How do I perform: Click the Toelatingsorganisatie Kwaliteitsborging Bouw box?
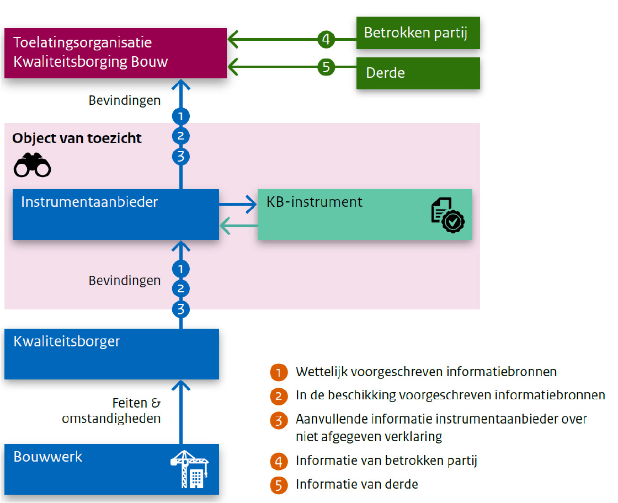point(115,53)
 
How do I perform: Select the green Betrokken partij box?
point(418,33)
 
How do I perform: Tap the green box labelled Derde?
point(418,73)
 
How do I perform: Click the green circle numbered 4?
point(326,39)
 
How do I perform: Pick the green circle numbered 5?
point(326,67)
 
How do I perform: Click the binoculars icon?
point(32,165)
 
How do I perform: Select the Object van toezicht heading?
point(77,138)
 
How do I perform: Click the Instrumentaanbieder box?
point(115,214)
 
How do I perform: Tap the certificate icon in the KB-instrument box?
point(447,215)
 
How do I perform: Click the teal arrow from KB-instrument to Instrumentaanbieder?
point(238,225)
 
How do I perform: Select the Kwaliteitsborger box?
point(111,354)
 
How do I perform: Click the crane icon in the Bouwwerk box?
point(189,469)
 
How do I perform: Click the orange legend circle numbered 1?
point(279,372)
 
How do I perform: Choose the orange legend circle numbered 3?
point(279,420)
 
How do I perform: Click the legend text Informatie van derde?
point(356,484)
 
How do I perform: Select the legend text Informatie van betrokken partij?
point(386,460)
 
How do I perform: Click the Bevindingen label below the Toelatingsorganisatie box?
point(125,100)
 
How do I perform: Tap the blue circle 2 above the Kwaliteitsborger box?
point(180,289)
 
